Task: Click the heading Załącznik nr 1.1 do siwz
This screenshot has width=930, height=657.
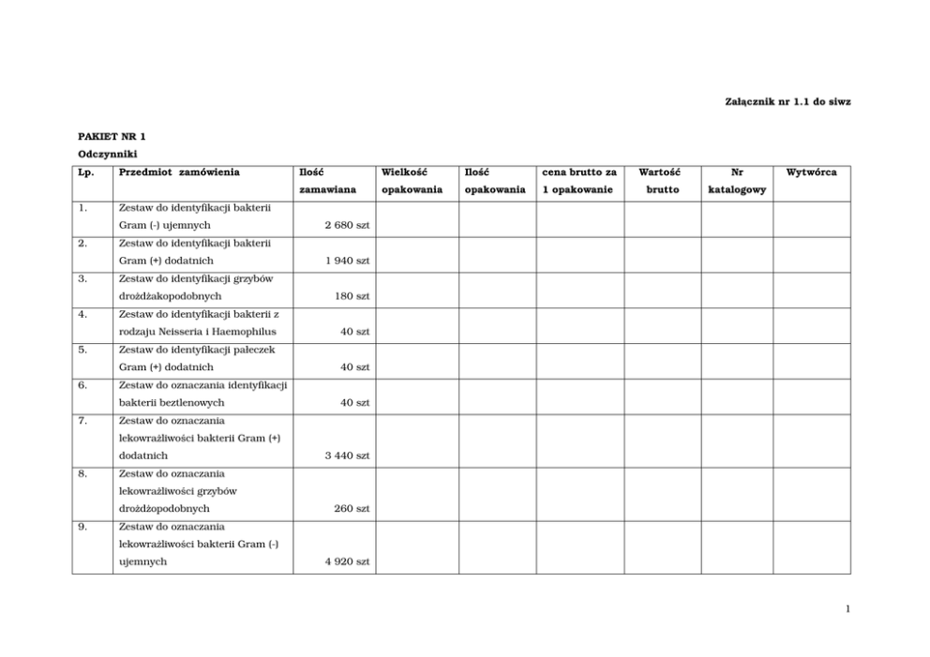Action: (x=787, y=100)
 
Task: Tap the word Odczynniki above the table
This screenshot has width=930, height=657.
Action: (x=107, y=154)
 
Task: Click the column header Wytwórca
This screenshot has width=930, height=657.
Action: (x=811, y=172)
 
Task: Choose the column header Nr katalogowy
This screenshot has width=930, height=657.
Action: (x=737, y=181)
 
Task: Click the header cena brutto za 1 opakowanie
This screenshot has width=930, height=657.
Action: (x=578, y=181)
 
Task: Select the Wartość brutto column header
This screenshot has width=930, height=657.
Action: (x=662, y=181)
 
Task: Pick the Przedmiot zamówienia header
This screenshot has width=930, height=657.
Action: (x=179, y=172)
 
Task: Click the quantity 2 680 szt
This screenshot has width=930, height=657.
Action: (x=347, y=226)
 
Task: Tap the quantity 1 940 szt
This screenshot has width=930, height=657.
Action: (x=347, y=261)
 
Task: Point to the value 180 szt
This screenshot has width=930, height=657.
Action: (x=352, y=296)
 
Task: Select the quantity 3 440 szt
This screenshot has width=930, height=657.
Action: (x=347, y=455)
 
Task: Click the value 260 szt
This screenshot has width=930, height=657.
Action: (x=352, y=509)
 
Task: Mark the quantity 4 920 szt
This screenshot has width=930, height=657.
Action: (x=347, y=561)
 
